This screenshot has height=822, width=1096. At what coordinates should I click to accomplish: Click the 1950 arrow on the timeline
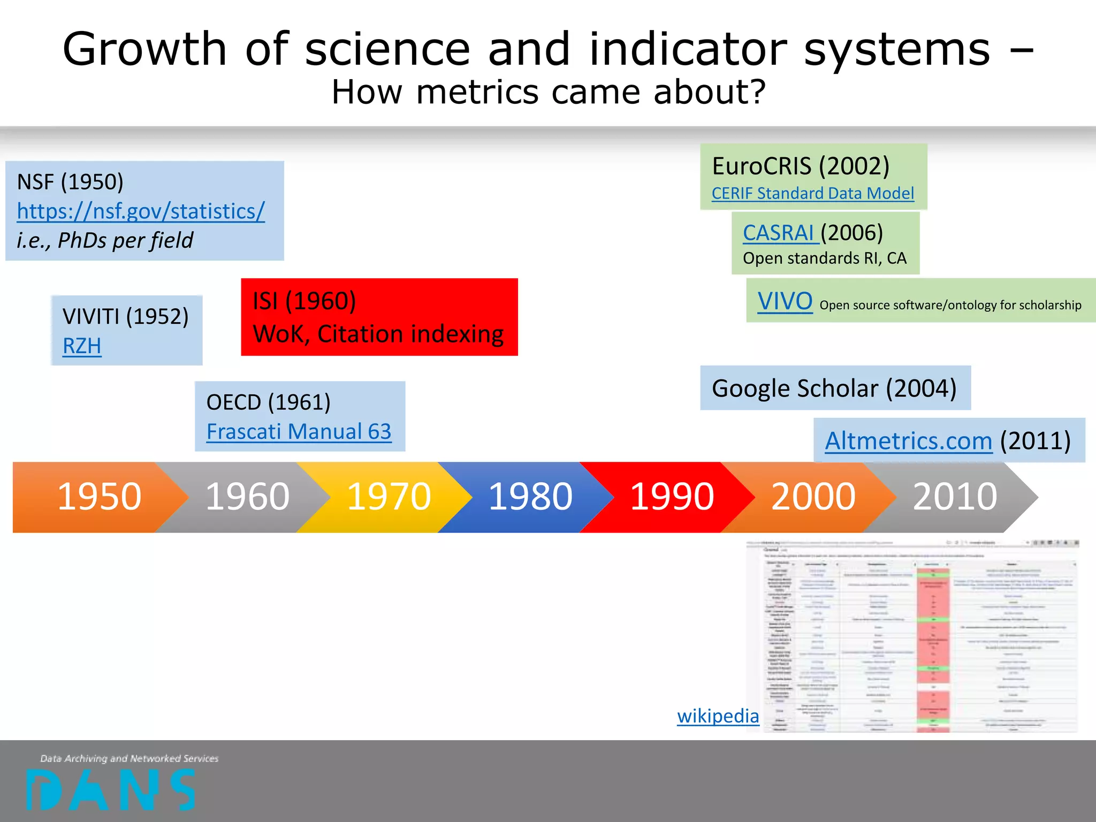tap(99, 497)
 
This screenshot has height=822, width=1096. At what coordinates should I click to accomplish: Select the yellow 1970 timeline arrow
tap(389, 497)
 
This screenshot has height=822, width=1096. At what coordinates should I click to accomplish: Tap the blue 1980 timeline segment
tap(530, 497)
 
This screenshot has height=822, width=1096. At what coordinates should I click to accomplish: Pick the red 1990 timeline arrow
tap(672, 497)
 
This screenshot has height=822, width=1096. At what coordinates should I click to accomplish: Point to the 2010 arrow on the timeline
tap(955, 497)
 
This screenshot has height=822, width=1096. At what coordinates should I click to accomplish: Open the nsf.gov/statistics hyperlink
tap(141, 211)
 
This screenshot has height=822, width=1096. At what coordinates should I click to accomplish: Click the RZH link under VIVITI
tap(82, 346)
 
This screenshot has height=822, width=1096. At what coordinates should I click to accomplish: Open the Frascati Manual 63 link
tap(299, 432)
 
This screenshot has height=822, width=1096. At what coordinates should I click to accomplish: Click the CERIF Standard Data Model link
tap(812, 193)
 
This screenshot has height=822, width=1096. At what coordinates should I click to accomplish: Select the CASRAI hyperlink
tap(779, 233)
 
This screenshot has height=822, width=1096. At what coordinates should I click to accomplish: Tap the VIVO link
tap(785, 301)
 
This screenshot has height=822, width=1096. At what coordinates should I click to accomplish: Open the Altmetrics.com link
tap(908, 441)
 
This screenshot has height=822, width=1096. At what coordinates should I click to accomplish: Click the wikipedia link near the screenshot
tap(718, 716)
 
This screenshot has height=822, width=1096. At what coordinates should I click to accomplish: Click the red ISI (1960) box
tap(379, 317)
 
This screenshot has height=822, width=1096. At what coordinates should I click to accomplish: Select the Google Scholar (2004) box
tap(835, 388)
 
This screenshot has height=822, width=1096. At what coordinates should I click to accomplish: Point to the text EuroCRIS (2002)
tap(801, 166)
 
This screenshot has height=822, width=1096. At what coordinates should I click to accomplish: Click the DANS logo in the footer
tap(111, 789)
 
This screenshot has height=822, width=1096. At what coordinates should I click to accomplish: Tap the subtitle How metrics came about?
tap(548, 92)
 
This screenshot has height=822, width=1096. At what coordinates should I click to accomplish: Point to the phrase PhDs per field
tap(125, 240)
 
